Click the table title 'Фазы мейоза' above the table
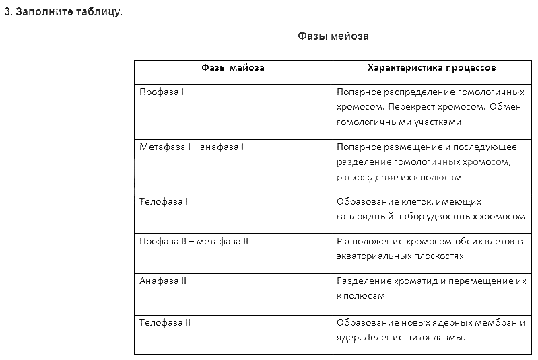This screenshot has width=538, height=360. point(333,36)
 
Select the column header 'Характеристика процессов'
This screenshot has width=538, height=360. point(432,68)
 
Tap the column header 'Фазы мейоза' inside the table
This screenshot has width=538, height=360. point(233,68)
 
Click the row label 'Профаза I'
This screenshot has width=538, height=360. point(162,91)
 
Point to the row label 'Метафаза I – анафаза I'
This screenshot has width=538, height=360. point(191,147)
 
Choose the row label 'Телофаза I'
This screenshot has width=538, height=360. point(164,201)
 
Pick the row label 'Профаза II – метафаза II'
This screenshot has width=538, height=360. point(194,241)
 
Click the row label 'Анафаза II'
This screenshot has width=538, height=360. point(163,281)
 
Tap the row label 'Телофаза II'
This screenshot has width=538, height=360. point(165,323)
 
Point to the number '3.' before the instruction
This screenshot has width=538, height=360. point(8,12)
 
